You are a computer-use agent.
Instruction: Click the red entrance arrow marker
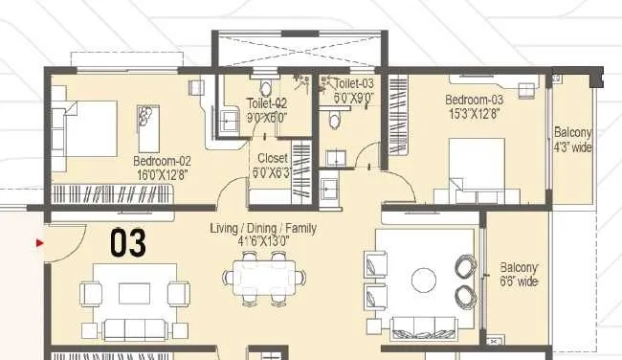tap(39, 242)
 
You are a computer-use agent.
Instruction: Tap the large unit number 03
tap(127, 242)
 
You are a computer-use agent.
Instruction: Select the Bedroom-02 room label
tap(162, 161)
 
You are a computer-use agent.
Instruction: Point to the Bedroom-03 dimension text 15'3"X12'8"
tap(474, 114)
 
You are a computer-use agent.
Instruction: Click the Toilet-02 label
tap(267, 103)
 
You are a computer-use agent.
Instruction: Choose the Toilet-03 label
tap(354, 83)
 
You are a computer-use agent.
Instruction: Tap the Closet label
tap(273, 158)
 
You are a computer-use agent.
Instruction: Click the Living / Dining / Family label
tap(263, 228)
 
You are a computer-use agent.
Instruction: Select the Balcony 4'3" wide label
tap(573, 140)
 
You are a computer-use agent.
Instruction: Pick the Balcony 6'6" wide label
tap(519, 274)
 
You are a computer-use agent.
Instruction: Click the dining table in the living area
tap(264, 278)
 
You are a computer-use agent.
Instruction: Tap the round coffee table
tap(424, 281)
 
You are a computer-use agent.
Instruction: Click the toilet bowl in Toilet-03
tap(334, 119)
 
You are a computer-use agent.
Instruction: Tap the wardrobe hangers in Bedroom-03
tap(399, 116)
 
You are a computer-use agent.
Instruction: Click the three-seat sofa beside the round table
tap(424, 328)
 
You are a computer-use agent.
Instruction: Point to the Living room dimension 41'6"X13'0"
tap(263, 241)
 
